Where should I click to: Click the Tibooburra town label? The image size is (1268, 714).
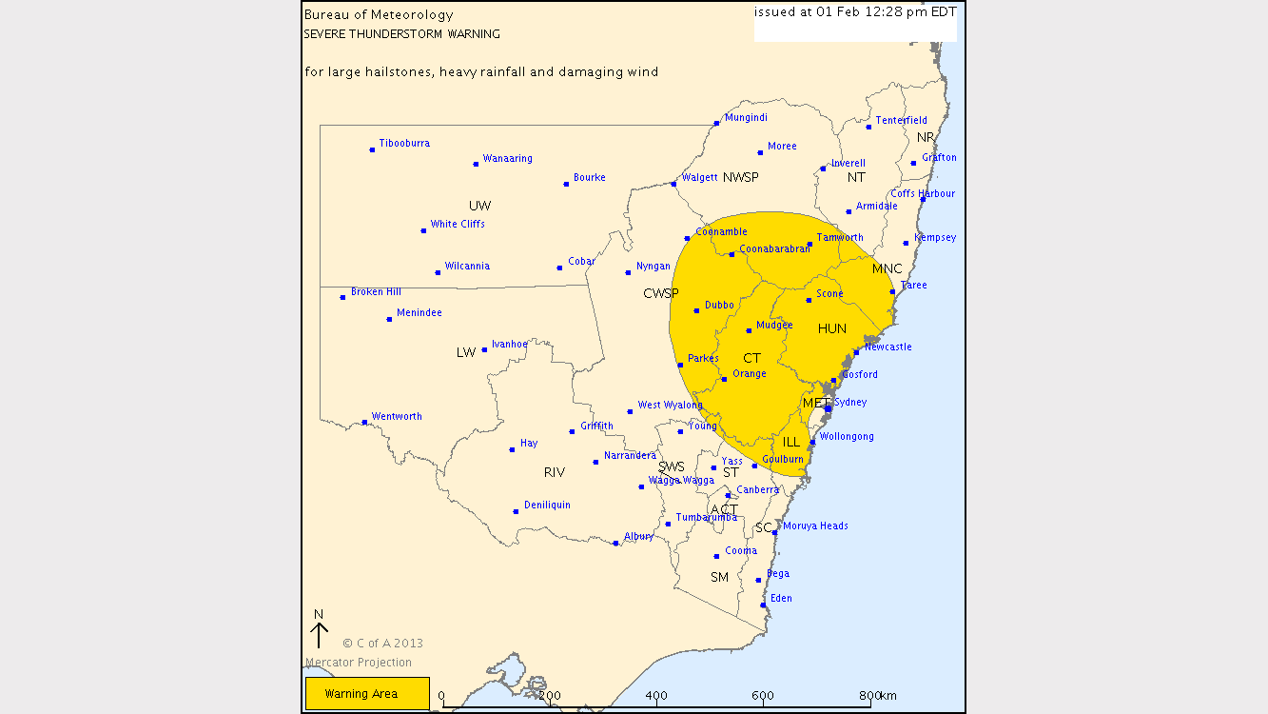point(404,144)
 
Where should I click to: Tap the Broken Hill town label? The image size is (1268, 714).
point(376,292)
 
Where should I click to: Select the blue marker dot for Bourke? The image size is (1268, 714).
point(566,184)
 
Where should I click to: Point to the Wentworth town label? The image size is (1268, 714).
point(397,417)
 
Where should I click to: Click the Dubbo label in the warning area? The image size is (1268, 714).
point(719,306)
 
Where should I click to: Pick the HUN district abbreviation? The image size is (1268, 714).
point(832,329)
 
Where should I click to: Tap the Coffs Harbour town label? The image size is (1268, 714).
point(923,194)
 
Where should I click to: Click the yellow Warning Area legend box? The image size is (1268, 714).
point(367,693)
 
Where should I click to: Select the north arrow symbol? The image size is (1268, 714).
point(319,632)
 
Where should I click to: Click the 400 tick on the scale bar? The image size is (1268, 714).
point(656,697)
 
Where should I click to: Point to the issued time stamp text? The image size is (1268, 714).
point(855,12)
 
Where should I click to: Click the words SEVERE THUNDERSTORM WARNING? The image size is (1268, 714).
point(401,34)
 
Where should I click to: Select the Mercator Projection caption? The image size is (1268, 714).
point(359,663)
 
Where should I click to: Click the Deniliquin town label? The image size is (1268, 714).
point(547,506)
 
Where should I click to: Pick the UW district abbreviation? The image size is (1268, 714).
point(479,207)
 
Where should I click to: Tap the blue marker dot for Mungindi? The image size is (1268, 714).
point(716,124)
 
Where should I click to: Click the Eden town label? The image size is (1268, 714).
point(781,599)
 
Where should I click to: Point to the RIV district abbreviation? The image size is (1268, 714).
point(555,473)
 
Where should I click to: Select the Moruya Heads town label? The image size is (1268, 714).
point(815,526)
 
